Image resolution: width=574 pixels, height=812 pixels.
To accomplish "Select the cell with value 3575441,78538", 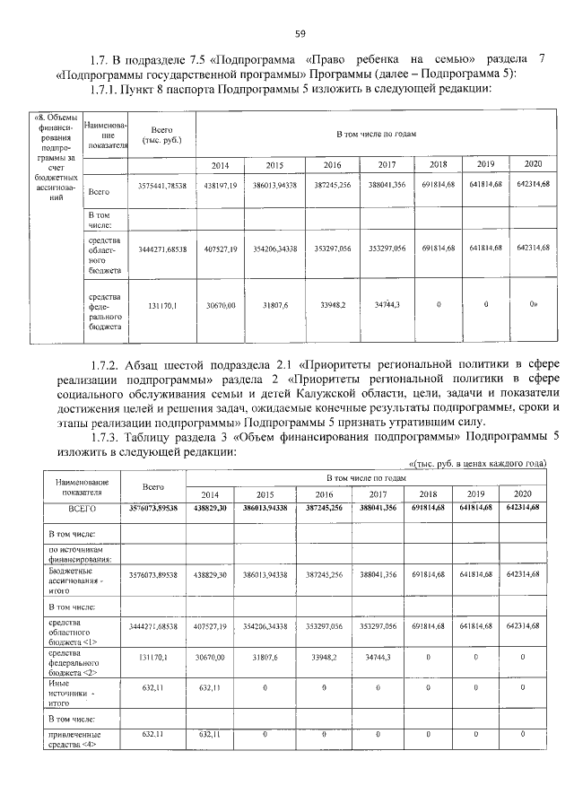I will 161,185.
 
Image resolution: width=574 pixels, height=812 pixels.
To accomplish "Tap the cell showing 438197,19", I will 220,185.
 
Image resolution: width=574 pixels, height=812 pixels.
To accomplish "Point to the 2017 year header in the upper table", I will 387,165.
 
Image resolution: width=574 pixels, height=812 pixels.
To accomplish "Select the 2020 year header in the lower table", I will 523,494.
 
